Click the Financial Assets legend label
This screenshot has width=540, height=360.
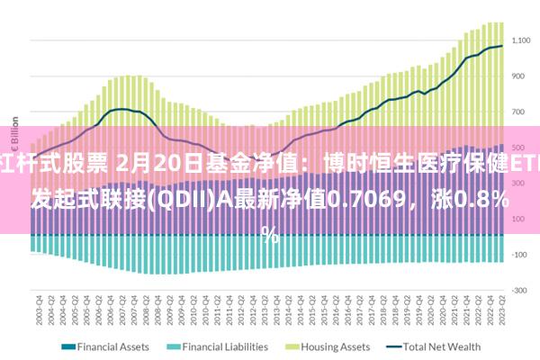tap(112, 346)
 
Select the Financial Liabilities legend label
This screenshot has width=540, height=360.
tap(225, 346)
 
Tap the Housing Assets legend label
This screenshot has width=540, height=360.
tap(336, 346)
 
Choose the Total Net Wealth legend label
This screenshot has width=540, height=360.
tap(442, 346)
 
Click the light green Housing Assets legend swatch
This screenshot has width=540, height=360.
tap(293, 346)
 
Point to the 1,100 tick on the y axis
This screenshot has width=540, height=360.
tap(521, 40)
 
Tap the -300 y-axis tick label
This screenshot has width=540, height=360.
tap(519, 290)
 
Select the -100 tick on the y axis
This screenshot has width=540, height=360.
tap(519, 255)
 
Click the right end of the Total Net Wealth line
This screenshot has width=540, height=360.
tap(502, 47)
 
